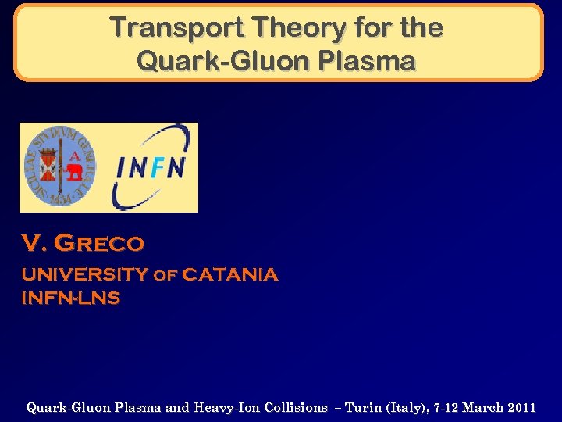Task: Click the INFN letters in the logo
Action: click(x=151, y=167)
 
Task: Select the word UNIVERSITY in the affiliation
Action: click(x=84, y=275)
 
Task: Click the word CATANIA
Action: click(x=229, y=275)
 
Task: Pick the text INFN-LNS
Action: click(x=70, y=299)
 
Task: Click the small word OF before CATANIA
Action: click(x=165, y=276)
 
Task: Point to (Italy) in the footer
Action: click(x=401, y=407)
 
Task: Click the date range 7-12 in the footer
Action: click(x=443, y=407)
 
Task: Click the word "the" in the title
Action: click(x=421, y=28)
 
